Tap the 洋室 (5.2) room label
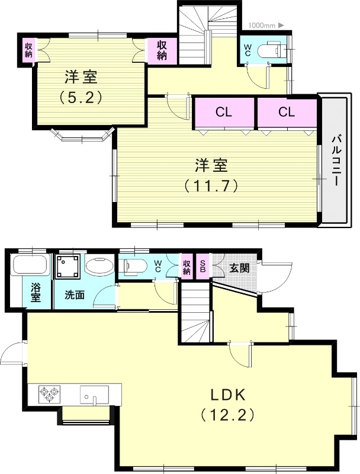pos(81,87)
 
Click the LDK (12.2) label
pos(228,404)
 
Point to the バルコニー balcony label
pos(335,161)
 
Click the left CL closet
pos(224,112)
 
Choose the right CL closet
pos(287,112)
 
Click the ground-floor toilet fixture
pos(131,266)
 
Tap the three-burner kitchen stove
pos(49,394)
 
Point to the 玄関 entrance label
pos(240,267)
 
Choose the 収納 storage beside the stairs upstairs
pos(162,51)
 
